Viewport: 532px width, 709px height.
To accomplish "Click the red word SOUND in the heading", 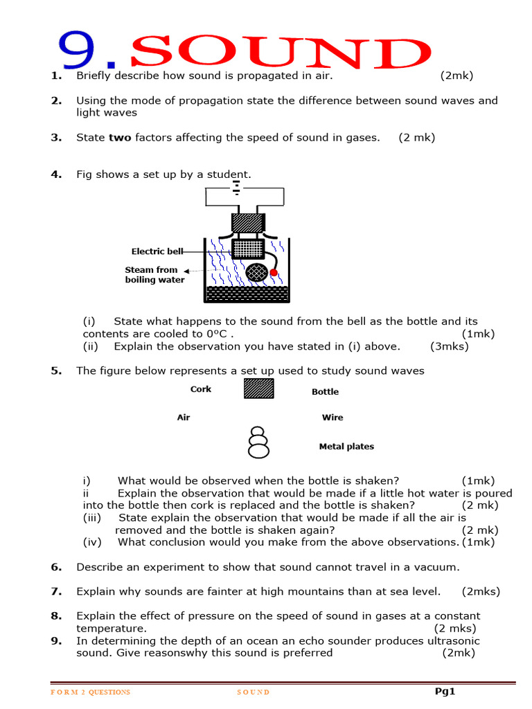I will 280,54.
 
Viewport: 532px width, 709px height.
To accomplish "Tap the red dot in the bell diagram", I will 274,273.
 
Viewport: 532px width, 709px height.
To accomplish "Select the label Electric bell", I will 157,251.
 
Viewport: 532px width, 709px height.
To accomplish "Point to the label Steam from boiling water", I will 154,275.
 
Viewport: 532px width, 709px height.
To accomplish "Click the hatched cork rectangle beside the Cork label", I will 258,388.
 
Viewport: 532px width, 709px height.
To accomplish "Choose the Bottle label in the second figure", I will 325,392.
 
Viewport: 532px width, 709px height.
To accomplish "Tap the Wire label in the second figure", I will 332,418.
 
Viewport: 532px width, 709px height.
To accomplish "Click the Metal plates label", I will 346,447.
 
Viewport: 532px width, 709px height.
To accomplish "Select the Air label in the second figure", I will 184,418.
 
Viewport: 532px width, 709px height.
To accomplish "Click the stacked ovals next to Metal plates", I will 258,442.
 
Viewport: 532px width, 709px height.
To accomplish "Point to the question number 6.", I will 56,567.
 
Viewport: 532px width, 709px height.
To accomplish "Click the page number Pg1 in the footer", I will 445,691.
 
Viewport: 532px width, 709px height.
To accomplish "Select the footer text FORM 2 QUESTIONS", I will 91,692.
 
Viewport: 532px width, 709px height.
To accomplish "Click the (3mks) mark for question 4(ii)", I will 449,346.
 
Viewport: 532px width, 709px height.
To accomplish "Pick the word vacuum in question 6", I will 436,567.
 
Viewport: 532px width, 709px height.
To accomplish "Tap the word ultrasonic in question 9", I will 454,640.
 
